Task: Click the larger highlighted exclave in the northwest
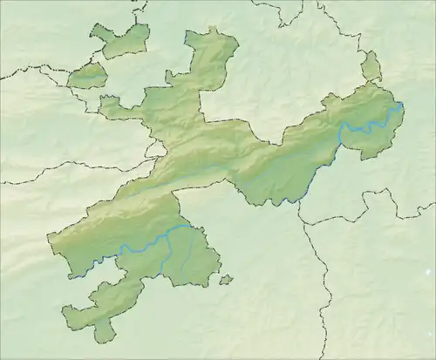point(119,41)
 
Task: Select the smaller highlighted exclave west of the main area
point(87,77)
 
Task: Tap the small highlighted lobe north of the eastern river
point(371,66)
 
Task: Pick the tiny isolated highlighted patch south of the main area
point(226,280)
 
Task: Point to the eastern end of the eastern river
point(400,106)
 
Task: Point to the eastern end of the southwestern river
point(194,228)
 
